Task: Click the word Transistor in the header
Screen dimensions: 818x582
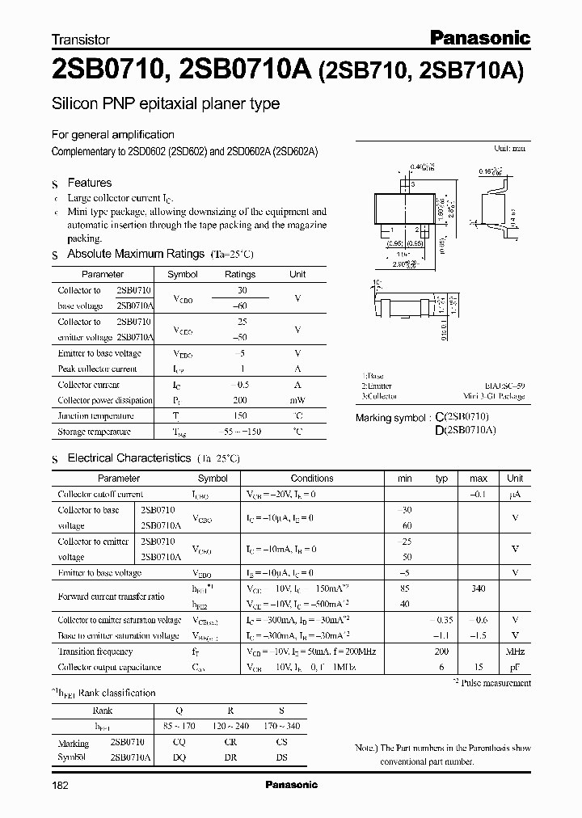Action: [80, 39]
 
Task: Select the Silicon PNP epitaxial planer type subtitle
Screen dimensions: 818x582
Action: [166, 103]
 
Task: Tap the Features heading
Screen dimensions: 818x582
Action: [89, 183]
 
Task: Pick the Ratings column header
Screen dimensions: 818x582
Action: [239, 274]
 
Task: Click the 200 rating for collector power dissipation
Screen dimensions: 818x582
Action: [239, 400]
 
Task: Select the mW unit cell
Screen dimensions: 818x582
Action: [297, 400]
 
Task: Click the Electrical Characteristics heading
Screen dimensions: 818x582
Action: [129, 458]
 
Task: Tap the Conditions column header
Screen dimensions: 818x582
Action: [312, 479]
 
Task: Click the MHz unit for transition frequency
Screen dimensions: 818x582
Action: [515, 651]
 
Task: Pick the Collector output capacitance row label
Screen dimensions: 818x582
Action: [109, 667]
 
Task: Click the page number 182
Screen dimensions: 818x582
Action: [61, 785]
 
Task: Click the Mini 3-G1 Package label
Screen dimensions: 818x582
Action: [495, 397]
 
